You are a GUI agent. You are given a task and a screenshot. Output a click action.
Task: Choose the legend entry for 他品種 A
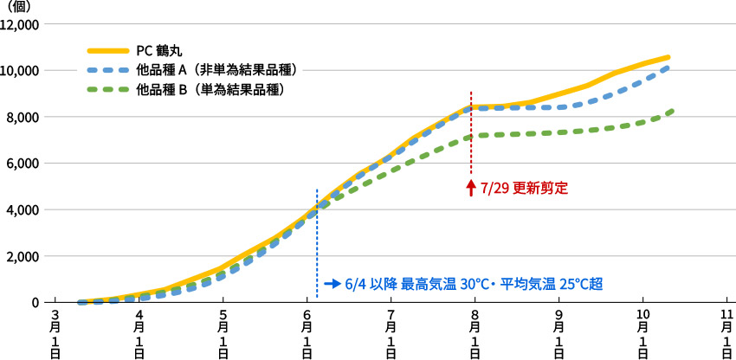pyautogui.click(x=211, y=70)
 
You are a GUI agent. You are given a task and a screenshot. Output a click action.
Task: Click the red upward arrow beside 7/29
pyautogui.click(x=471, y=188)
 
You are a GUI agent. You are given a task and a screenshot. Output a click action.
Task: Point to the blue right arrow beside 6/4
pyautogui.click(x=332, y=283)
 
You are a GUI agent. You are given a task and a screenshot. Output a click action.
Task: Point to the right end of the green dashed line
pyautogui.click(x=672, y=111)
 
